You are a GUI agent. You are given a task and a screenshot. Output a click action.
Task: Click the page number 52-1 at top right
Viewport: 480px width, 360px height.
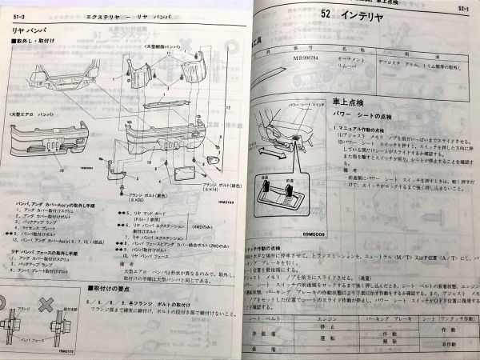(x=462, y=10)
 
